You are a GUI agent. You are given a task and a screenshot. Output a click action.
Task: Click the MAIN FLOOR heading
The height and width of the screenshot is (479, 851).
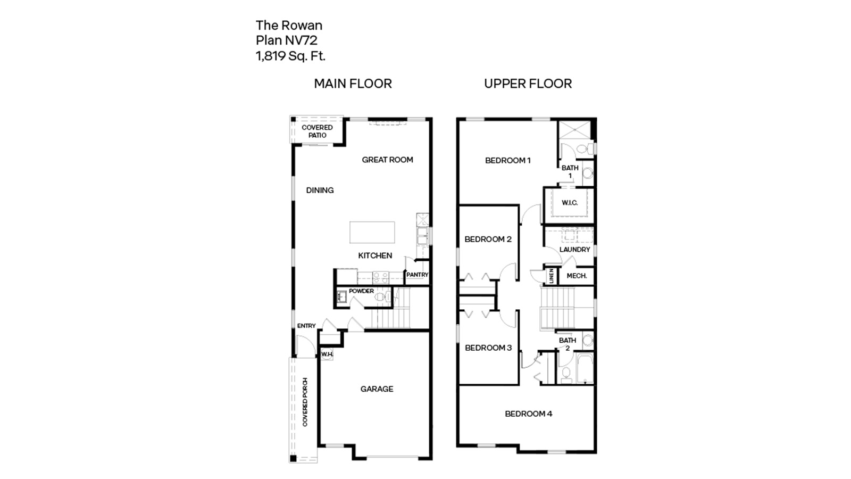(x=353, y=84)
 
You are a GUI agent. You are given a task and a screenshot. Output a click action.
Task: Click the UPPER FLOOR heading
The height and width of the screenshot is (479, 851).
(x=528, y=84)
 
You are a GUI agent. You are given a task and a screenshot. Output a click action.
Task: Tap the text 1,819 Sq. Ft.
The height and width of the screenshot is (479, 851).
(x=290, y=55)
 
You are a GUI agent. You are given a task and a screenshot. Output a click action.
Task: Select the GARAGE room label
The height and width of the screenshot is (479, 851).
(x=377, y=389)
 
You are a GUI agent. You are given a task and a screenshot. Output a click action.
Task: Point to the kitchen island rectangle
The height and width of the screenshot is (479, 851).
(x=372, y=233)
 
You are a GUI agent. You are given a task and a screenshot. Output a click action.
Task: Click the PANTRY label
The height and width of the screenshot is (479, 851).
(x=417, y=275)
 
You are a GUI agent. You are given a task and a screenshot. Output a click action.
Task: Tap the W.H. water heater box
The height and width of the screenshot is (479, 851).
(x=327, y=354)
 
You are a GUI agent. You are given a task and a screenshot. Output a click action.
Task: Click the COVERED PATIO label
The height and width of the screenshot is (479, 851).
(x=317, y=131)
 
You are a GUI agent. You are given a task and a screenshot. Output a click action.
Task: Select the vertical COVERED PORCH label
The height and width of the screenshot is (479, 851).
(x=305, y=402)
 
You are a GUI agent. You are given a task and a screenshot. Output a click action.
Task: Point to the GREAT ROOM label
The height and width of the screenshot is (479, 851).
(x=387, y=160)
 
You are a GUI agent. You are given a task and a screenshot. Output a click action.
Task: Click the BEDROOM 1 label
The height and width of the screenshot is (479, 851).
(x=507, y=160)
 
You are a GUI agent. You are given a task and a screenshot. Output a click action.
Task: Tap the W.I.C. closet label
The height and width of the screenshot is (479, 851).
(x=570, y=203)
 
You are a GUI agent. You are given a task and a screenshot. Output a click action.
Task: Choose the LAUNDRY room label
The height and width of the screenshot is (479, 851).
(x=574, y=249)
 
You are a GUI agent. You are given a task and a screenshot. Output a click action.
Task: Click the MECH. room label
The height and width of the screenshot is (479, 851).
(x=577, y=276)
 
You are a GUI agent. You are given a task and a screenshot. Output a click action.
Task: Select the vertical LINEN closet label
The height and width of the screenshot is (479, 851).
(x=552, y=275)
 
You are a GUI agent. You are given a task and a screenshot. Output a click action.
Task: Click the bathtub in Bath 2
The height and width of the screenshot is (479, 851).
(x=585, y=368)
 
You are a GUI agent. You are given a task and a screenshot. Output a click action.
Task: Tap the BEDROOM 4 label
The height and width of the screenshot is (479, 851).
(x=528, y=414)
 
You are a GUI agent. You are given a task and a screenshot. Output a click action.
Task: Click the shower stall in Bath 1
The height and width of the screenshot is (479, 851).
(x=574, y=129)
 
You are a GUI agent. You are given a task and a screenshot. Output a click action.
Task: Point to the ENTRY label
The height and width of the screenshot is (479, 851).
(x=306, y=326)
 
